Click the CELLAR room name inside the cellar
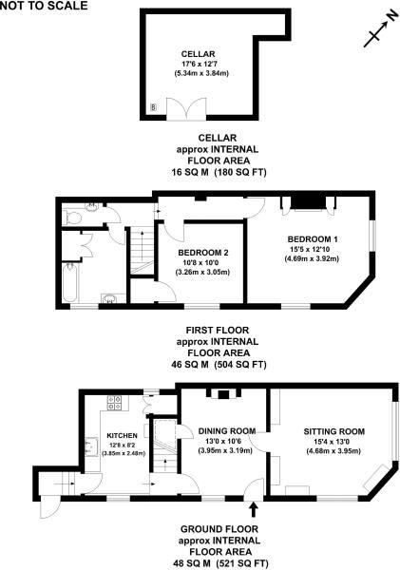pyautogui.click(x=199, y=54)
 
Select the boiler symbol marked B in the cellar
pyautogui.click(x=154, y=107)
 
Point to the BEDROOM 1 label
pyautogui.click(x=313, y=239)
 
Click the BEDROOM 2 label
pyautogui.click(x=203, y=253)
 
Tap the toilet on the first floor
pyautogui.click(x=74, y=218)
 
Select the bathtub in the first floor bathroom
pyautogui.click(x=70, y=283)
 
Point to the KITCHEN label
pyautogui.click(x=123, y=435)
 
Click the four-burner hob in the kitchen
pyautogui.click(x=115, y=403)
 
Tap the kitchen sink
pyautogui.click(x=91, y=446)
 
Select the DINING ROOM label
pyautogui.click(x=227, y=431)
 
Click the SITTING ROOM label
pyautogui.click(x=334, y=431)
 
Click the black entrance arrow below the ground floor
pyautogui.click(x=254, y=509)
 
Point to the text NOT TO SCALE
pyautogui.click(x=44, y=6)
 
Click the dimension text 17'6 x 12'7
pyautogui.click(x=199, y=64)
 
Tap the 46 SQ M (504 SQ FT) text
pyautogui.click(x=219, y=364)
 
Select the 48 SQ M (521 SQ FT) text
pyautogui.click(x=221, y=563)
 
